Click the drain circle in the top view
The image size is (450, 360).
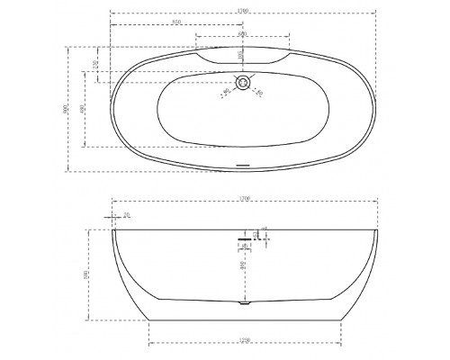pyautogui.click(x=241, y=85)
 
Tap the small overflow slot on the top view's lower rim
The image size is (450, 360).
pyautogui.click(x=240, y=164)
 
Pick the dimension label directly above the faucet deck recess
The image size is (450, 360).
pyautogui.click(x=242, y=35)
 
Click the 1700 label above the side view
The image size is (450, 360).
pyautogui.click(x=243, y=198)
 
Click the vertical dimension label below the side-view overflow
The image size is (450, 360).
pyautogui.click(x=243, y=265)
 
